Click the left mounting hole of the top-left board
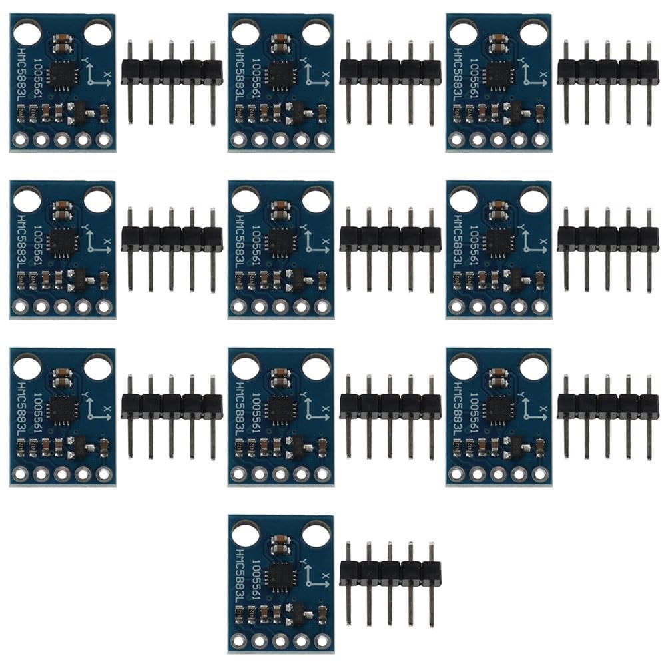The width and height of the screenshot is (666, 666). point(27,33)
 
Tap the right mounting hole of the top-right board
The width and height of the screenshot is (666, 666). point(534,33)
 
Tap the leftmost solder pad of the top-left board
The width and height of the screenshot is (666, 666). point(21,140)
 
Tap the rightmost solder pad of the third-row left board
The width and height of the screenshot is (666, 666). point(103,474)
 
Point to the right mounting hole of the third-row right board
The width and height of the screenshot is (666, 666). point(534,366)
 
